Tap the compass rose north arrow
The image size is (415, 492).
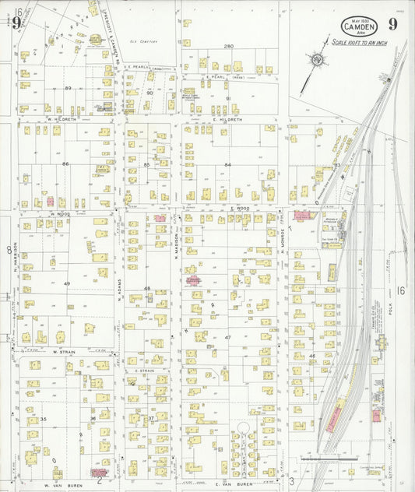[x=317, y=60]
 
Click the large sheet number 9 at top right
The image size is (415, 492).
[x=393, y=23]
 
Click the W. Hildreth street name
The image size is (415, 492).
[x=61, y=119]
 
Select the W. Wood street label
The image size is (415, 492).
[x=61, y=213]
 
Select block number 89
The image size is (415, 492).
[x=68, y=88]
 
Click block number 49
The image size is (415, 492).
[x=67, y=283]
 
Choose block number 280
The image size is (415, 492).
[x=229, y=47]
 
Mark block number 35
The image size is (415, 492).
[x=44, y=420]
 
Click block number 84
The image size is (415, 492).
[x=227, y=165]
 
